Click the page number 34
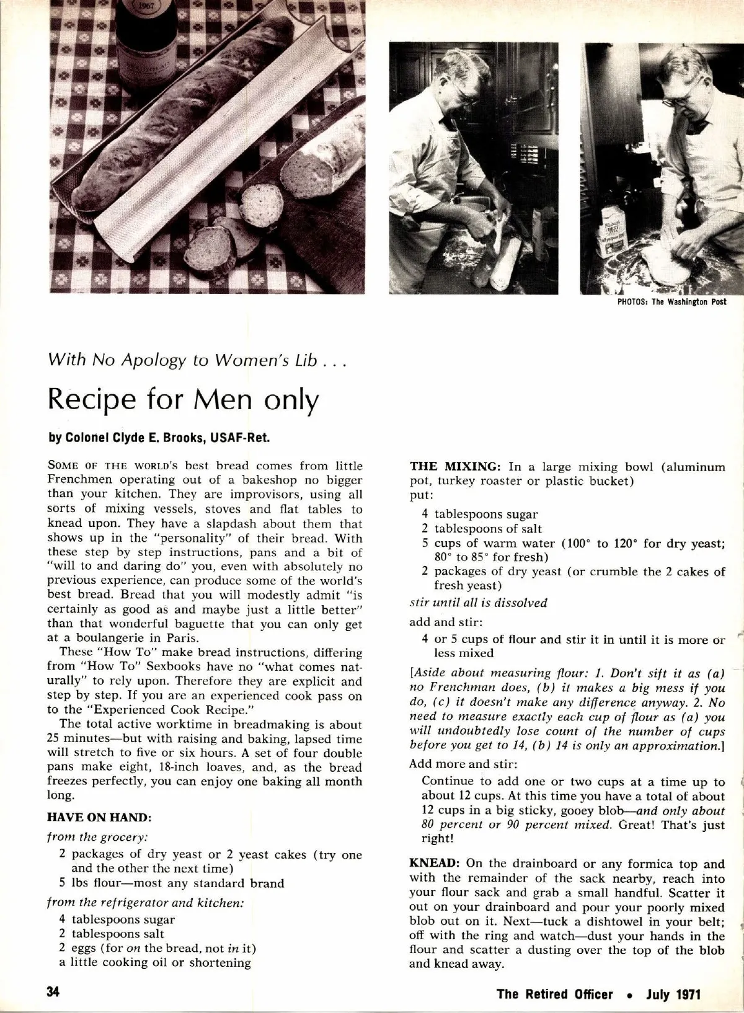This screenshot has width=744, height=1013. (x=53, y=991)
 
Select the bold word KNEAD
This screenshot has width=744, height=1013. (x=434, y=864)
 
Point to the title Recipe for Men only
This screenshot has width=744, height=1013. (x=183, y=400)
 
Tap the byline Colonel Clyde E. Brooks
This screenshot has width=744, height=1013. (x=159, y=438)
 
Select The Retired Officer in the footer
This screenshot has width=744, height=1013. (x=554, y=994)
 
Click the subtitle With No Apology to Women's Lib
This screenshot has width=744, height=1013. (x=195, y=360)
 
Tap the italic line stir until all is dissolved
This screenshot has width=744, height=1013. (x=479, y=603)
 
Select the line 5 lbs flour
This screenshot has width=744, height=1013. (x=171, y=883)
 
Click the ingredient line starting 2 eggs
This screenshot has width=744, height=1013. (x=157, y=948)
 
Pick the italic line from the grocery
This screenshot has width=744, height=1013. (x=97, y=837)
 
